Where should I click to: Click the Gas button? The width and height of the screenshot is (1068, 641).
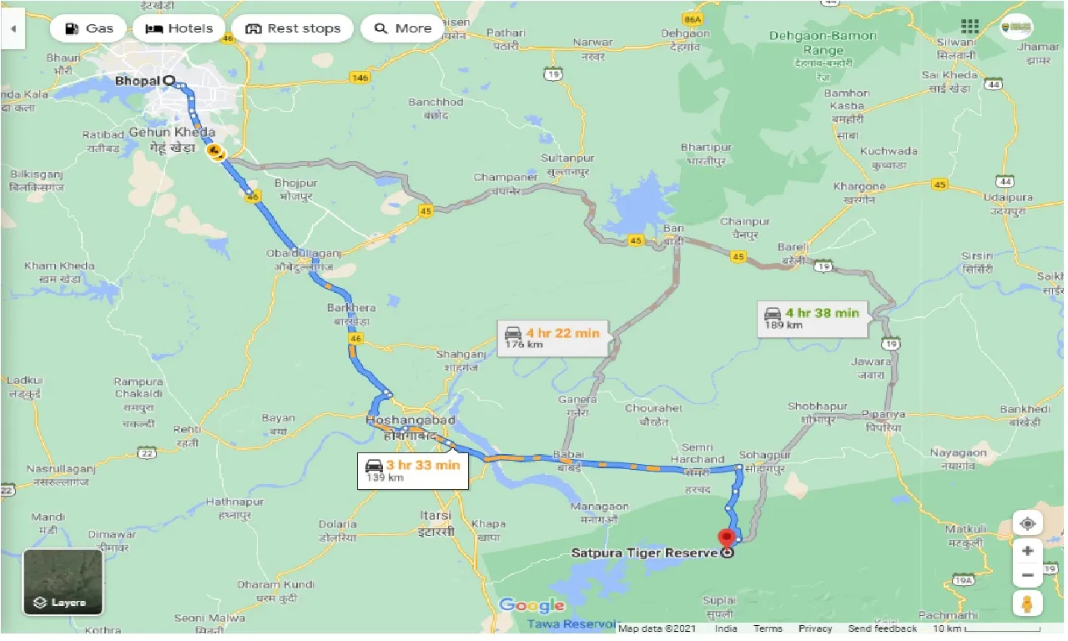[x=88, y=28]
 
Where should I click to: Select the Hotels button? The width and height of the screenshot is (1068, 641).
[x=179, y=28]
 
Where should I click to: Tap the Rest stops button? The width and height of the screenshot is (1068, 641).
[x=293, y=28]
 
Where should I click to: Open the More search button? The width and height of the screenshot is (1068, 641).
[x=402, y=28]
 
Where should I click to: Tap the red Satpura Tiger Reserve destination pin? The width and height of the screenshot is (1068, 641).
[x=727, y=538]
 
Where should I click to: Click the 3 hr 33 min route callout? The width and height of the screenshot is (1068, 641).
[x=413, y=471]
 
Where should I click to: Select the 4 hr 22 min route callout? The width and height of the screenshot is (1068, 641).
[x=552, y=338]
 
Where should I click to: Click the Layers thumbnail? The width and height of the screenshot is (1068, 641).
[x=63, y=582]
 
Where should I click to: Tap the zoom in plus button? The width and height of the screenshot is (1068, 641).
[x=1027, y=551]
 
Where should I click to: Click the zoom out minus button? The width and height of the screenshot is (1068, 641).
[x=1027, y=575]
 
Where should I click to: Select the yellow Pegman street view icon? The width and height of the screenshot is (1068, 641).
[x=1027, y=603]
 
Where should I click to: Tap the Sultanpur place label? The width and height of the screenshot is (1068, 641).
[x=567, y=159]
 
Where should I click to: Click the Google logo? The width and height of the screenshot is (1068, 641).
[x=531, y=606]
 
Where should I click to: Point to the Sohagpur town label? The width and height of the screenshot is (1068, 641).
[x=764, y=455]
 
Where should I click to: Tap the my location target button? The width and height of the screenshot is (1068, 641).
[x=1027, y=523]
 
